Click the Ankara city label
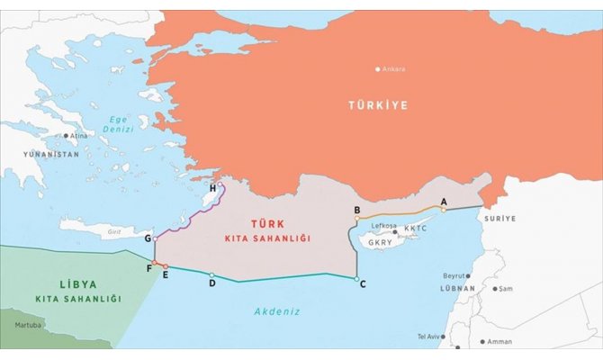click(393, 69)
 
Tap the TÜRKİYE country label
click(378, 105)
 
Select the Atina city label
click(79, 136)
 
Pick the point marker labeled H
click(220, 186)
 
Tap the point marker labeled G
click(156, 238)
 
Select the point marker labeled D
click(211, 275)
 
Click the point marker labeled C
click(356, 278)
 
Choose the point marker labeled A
click(443, 209)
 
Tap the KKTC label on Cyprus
click(417, 229)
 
